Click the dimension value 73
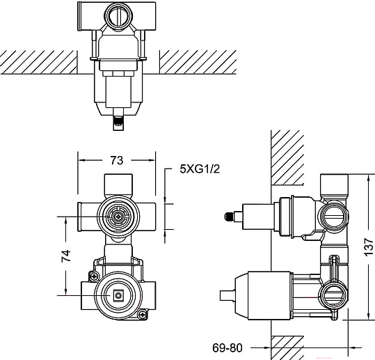[116, 160]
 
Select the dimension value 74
[66, 256]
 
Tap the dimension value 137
[369, 247]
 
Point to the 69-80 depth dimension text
[228, 347]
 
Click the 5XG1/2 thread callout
[200, 169]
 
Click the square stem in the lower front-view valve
[118, 295]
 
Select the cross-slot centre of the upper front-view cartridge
[118, 217]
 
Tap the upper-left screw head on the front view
[94, 276]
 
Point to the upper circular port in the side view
[333, 217]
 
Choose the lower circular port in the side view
[333, 296]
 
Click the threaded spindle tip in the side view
[229, 217]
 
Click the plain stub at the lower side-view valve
[227, 295]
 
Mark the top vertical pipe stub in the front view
[118, 185]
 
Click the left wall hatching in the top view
[39, 62]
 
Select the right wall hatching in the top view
[198, 62]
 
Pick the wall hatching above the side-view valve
[287, 157]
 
